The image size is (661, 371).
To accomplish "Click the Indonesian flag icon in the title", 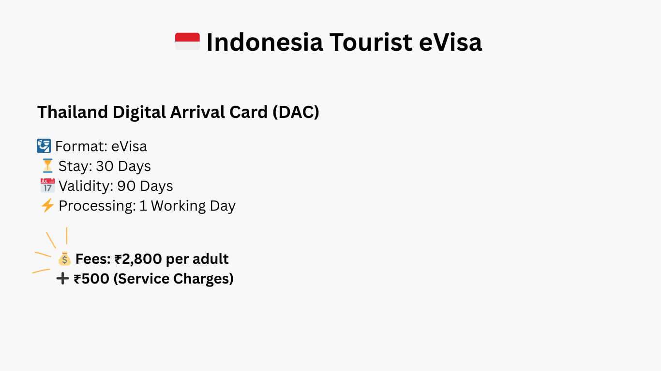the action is pyautogui.click(x=187, y=42).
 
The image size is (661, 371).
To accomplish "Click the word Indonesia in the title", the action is pyautogui.click(x=265, y=42).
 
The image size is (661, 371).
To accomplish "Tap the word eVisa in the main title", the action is pyautogui.click(x=451, y=42).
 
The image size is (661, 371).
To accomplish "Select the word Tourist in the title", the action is pyautogui.click(x=371, y=42).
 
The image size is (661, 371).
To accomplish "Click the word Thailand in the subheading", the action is pyautogui.click(x=73, y=112).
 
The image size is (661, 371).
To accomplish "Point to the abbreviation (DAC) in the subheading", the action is pyautogui.click(x=296, y=112).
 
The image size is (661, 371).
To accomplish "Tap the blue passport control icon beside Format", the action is pyautogui.click(x=44, y=146).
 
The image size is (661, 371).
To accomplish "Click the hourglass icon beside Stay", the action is pyautogui.click(x=47, y=166).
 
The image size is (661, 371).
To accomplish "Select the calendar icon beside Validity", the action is pyautogui.click(x=47, y=185).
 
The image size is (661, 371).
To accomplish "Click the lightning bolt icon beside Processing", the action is pyautogui.click(x=47, y=205).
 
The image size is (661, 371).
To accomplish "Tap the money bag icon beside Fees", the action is pyautogui.click(x=64, y=258).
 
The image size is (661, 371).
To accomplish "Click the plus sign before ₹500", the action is pyautogui.click(x=62, y=278).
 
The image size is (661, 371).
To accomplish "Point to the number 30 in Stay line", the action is pyautogui.click(x=105, y=166).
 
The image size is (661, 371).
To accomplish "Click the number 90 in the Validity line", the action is pyautogui.click(x=126, y=186).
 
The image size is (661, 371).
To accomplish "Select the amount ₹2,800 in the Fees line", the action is pyautogui.click(x=138, y=259).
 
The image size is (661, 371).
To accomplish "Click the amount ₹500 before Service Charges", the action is pyautogui.click(x=91, y=279).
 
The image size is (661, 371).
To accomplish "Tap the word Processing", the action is pyautogui.click(x=97, y=206).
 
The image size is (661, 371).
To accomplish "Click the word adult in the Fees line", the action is pyautogui.click(x=210, y=259).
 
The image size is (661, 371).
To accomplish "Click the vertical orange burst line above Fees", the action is pyautogui.click(x=67, y=236).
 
